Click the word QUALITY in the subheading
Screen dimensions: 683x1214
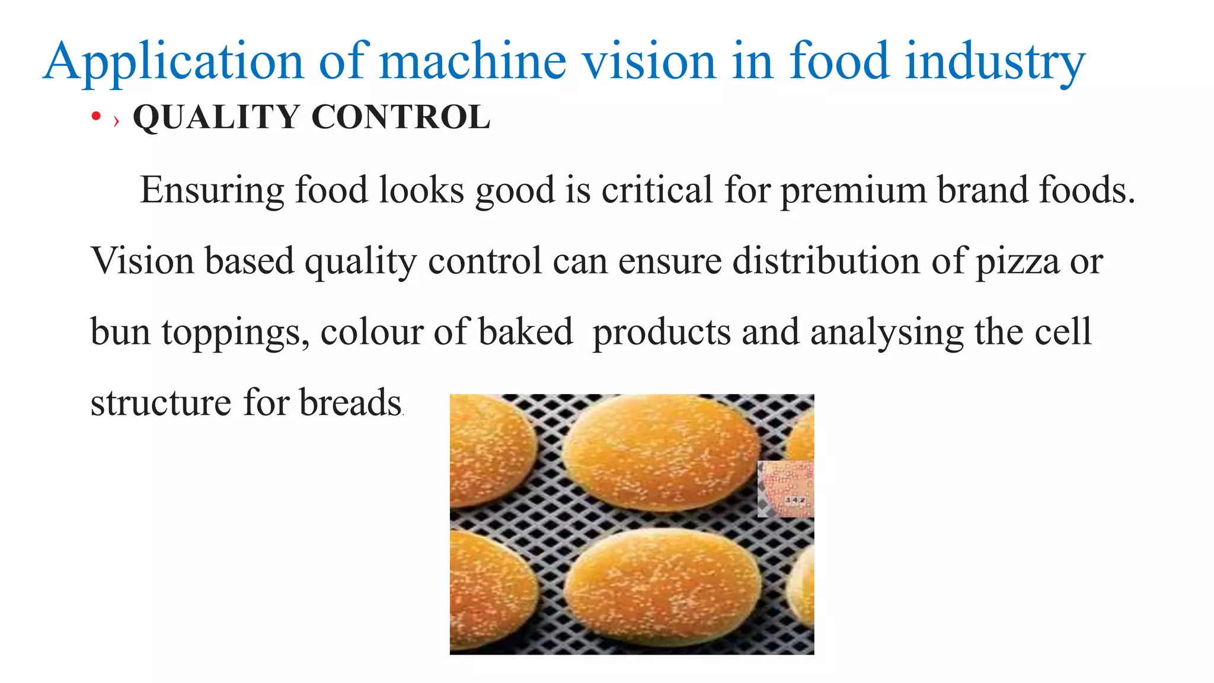click(x=216, y=117)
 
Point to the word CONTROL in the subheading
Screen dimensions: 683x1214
click(x=401, y=117)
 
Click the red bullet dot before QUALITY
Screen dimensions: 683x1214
click(x=96, y=117)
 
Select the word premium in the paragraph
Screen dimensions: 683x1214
click(x=853, y=191)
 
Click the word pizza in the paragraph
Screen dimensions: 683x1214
click(x=1017, y=261)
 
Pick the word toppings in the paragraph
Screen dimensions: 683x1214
click(x=235, y=333)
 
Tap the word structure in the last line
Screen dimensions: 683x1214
click(x=161, y=403)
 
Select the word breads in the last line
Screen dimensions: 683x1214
click(x=350, y=403)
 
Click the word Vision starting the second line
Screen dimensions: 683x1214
click(x=142, y=261)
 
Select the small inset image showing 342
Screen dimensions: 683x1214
click(x=785, y=489)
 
